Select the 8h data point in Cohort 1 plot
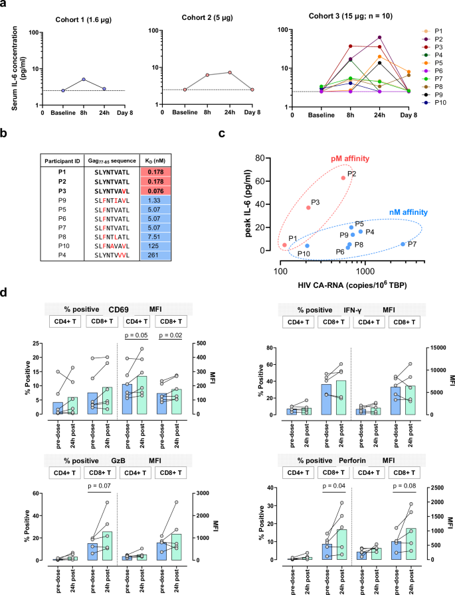[84, 80]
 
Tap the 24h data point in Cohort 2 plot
[228, 72]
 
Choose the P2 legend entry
[434, 40]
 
